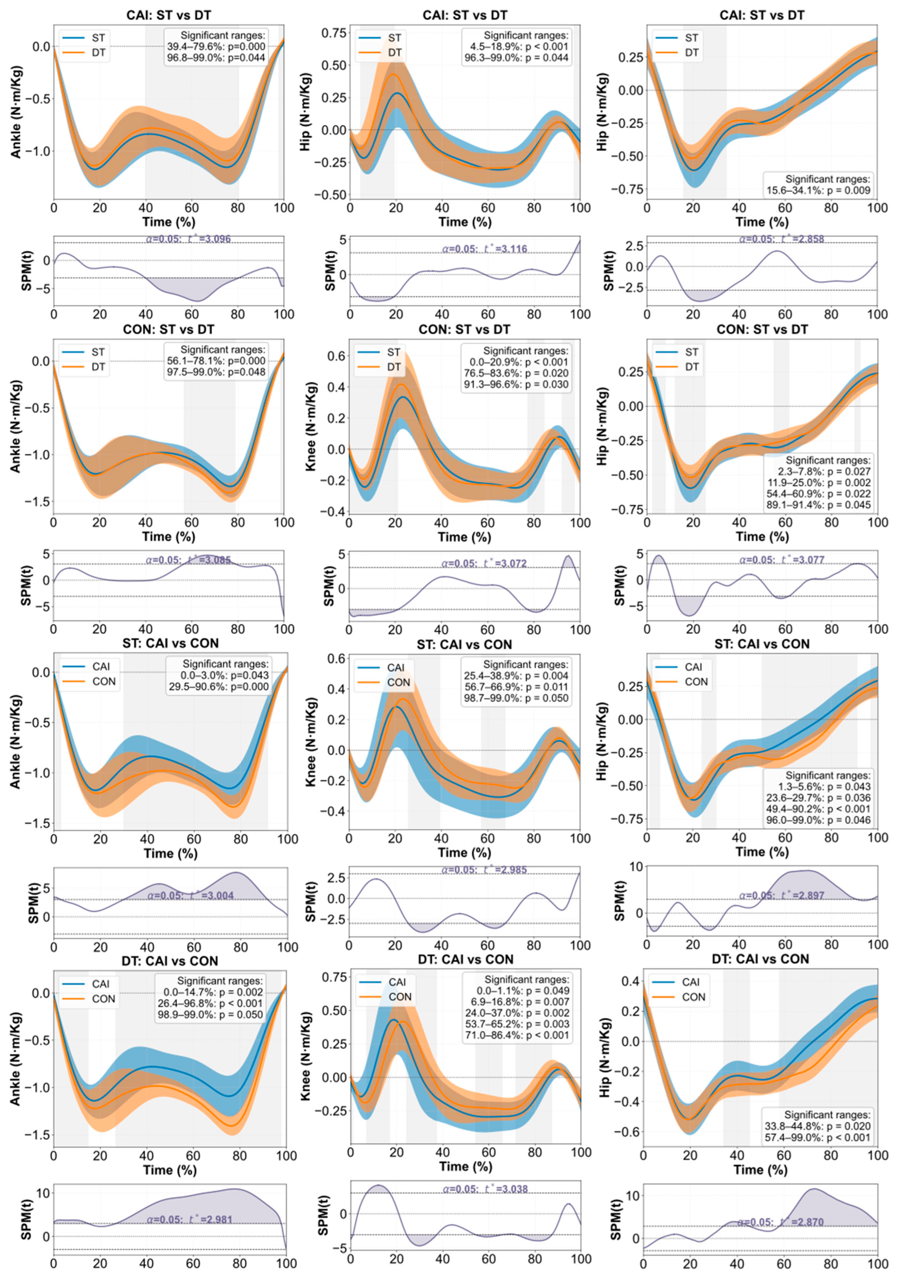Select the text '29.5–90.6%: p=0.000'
(219, 687)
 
